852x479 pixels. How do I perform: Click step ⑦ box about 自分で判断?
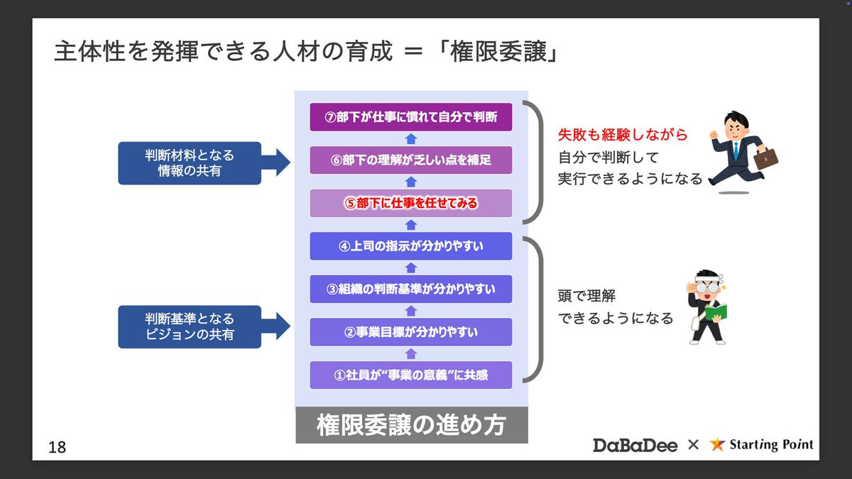pos(410,117)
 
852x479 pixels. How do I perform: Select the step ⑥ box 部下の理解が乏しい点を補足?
pos(410,160)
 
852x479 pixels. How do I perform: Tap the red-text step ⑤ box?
pos(410,203)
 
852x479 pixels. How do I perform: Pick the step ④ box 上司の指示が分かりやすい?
pos(410,246)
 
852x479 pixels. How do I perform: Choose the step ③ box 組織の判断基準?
pos(410,289)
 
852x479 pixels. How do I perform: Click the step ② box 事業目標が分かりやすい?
pos(410,331)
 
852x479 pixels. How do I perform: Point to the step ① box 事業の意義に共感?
pos(410,375)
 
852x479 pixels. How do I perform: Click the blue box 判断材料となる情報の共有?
pos(190,163)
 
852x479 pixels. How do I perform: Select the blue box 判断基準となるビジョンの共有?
pos(190,326)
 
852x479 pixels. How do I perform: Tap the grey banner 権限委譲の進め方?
pos(411,425)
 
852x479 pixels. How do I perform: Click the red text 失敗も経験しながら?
pos(623,136)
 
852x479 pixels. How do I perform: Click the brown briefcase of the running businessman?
pos(765,158)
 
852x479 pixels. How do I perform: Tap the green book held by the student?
pos(712,312)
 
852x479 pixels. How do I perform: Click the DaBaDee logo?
pos(635,445)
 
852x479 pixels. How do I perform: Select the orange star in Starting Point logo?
pos(717,444)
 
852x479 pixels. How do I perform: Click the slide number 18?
pos(58,447)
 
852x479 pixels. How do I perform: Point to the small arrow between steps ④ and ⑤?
pos(410,225)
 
